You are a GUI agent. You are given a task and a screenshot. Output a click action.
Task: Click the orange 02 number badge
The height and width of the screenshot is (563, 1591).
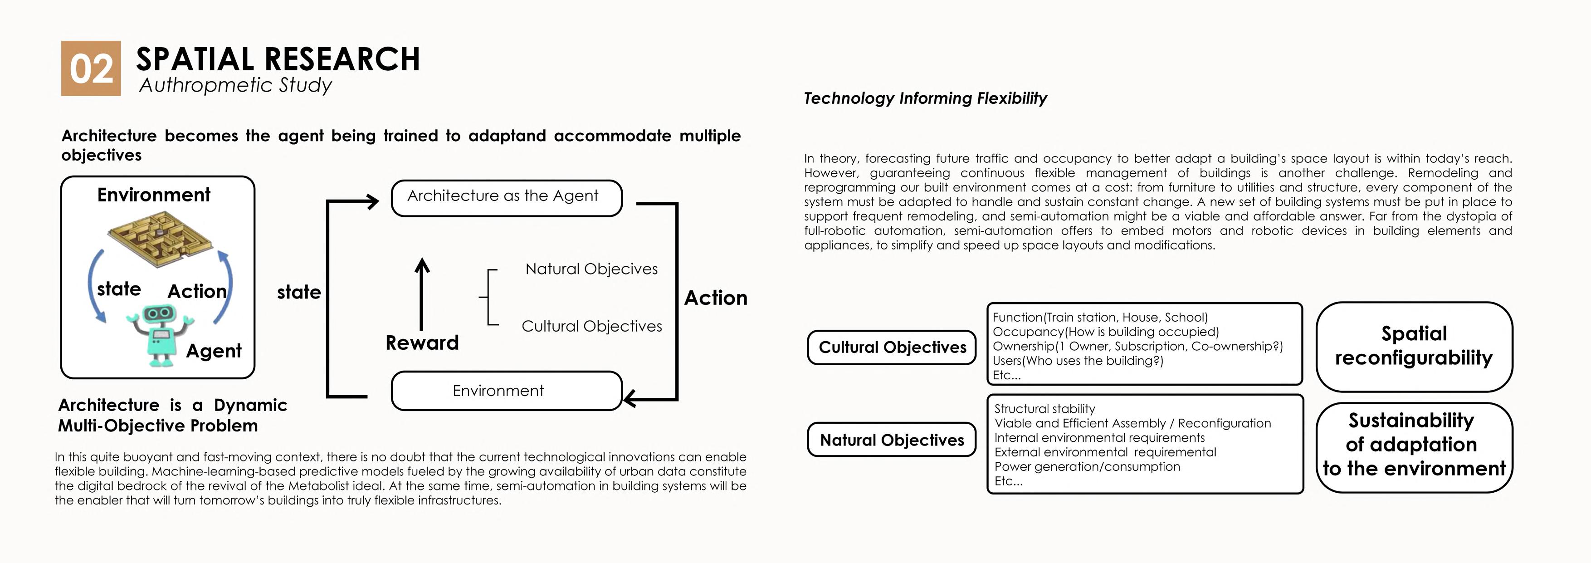[x=91, y=69]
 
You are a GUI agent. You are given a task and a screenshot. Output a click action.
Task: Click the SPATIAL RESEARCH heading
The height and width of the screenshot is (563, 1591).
[x=278, y=59]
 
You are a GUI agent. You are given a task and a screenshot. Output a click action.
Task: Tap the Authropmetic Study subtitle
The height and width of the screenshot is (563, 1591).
[x=235, y=85]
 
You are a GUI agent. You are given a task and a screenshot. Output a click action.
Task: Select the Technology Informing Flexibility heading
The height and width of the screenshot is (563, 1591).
[x=925, y=98]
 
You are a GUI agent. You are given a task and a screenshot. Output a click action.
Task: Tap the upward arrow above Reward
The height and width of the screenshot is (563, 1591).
[x=422, y=294]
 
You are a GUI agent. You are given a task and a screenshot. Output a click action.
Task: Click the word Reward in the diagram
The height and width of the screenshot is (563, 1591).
[x=422, y=343]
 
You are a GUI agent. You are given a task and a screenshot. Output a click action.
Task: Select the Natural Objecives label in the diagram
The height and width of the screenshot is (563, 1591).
[x=591, y=269]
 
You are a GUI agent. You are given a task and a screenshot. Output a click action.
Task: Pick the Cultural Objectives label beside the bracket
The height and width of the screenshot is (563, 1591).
[x=591, y=326]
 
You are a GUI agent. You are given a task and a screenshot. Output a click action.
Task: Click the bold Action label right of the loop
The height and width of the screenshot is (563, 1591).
[x=715, y=298]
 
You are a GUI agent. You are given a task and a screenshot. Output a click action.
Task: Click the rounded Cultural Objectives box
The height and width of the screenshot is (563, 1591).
[x=892, y=348]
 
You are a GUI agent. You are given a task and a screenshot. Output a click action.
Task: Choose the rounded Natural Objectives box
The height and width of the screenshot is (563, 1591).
[x=892, y=440]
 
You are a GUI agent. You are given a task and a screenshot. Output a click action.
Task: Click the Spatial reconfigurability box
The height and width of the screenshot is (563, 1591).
[x=1414, y=346]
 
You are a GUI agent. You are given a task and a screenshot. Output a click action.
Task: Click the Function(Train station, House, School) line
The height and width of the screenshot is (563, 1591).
[x=1099, y=318]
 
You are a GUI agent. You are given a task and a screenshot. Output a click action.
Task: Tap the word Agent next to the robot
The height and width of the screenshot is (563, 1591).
[x=214, y=351]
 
